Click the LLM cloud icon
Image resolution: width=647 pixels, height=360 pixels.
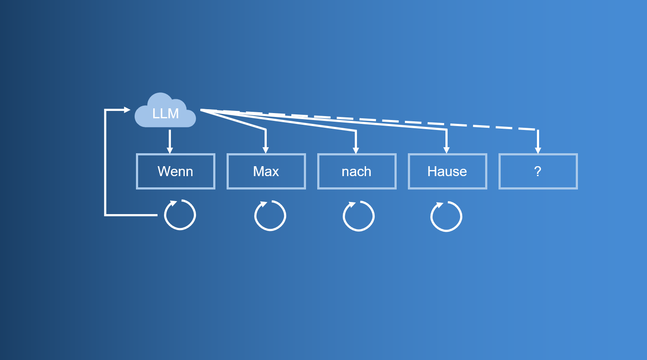tap(165, 110)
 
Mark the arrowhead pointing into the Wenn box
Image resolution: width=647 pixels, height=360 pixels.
tap(170, 150)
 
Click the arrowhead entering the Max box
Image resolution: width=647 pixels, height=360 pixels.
tap(266, 150)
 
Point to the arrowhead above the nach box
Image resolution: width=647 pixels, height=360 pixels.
tap(356, 150)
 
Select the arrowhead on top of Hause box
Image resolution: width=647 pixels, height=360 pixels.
tap(447, 150)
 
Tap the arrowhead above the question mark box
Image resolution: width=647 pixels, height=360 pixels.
tap(538, 150)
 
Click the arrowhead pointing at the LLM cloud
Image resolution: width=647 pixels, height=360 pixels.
tap(127, 110)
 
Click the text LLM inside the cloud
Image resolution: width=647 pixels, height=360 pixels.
tap(165, 113)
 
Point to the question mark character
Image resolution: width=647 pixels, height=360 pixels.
tap(537, 171)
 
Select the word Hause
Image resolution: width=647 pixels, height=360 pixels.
tap(447, 171)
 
